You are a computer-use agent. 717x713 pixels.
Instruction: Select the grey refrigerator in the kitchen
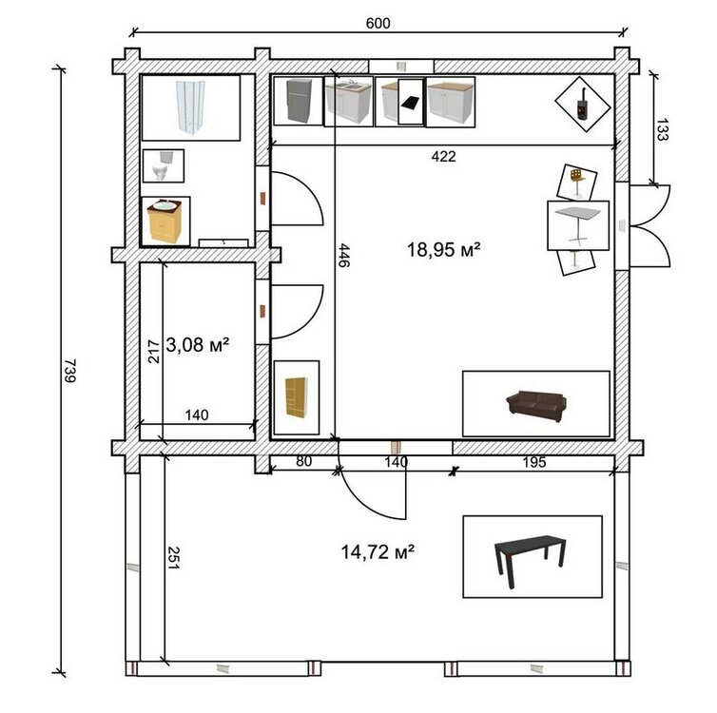pos(299,101)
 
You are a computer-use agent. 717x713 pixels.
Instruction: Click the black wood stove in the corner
pos(582,105)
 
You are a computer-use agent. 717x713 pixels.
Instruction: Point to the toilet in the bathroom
pos(163,165)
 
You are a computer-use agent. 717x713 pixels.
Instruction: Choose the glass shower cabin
pos(191,107)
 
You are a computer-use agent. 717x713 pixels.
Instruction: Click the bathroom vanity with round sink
pos(165,221)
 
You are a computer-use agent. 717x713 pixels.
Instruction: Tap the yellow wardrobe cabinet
pos(297,397)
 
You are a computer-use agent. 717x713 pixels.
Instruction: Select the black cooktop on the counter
pos(410,103)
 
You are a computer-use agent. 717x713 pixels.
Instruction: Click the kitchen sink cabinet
pos(348,102)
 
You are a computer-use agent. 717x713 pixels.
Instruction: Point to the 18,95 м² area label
pos(443,250)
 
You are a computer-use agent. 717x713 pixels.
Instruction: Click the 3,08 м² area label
pos(198,344)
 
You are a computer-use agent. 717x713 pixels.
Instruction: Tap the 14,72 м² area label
pos(378,552)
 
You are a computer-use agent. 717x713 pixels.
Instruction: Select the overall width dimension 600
pos(378,23)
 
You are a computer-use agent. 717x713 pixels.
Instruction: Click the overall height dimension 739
pos(70,371)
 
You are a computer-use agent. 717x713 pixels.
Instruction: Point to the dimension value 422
pos(443,156)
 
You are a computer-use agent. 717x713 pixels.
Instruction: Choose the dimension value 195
pos(534,462)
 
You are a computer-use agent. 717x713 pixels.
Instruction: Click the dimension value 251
pos(173,558)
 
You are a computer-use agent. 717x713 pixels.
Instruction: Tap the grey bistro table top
pos(578,214)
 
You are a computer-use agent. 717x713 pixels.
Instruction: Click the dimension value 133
pos(662,129)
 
